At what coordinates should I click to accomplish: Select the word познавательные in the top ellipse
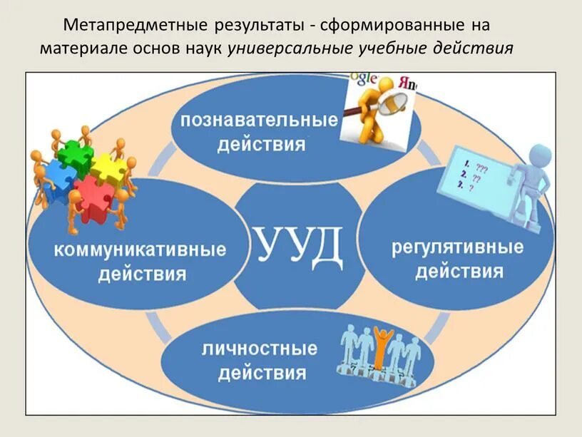point(259,119)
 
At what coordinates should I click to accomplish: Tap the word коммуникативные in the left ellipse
point(138,250)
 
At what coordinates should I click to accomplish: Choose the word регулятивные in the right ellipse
point(457,248)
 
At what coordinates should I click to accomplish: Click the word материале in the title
point(77,48)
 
